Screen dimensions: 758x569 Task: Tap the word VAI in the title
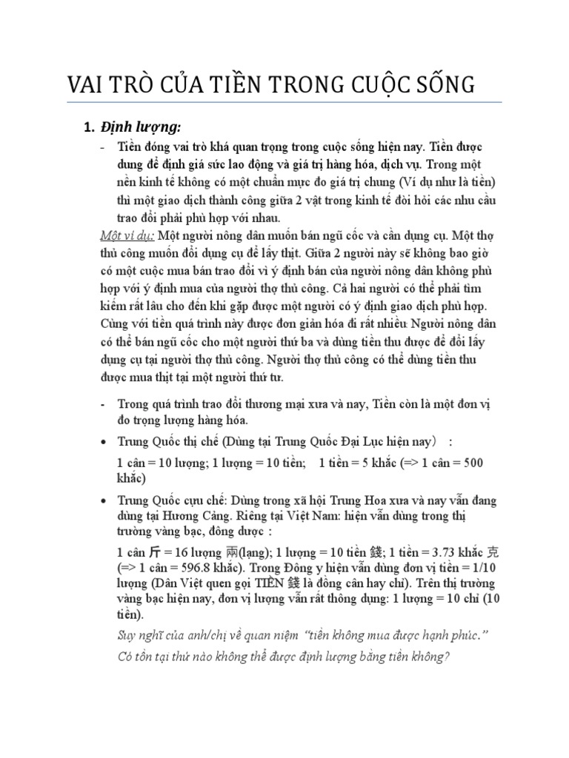88,84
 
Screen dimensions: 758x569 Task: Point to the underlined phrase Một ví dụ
126,236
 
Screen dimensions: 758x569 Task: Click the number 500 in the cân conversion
471,463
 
